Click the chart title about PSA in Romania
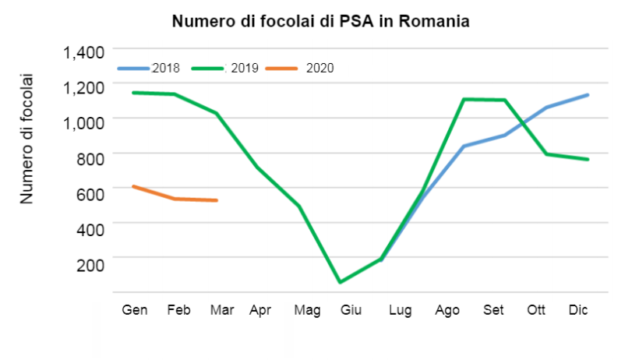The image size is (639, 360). [320, 21]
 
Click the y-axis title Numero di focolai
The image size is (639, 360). [27, 139]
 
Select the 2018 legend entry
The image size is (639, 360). [165, 68]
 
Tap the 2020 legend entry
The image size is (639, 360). [319, 68]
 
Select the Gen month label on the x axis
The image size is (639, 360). [135, 310]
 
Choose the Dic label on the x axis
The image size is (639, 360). [578, 310]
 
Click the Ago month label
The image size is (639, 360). [447, 310]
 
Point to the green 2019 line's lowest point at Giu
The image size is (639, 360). [340, 282]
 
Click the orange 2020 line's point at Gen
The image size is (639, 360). [133, 186]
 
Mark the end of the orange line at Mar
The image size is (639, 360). [217, 200]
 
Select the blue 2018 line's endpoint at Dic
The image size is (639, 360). [588, 95]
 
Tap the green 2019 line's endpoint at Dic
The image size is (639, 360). [588, 160]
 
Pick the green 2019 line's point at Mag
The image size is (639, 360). [298, 206]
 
